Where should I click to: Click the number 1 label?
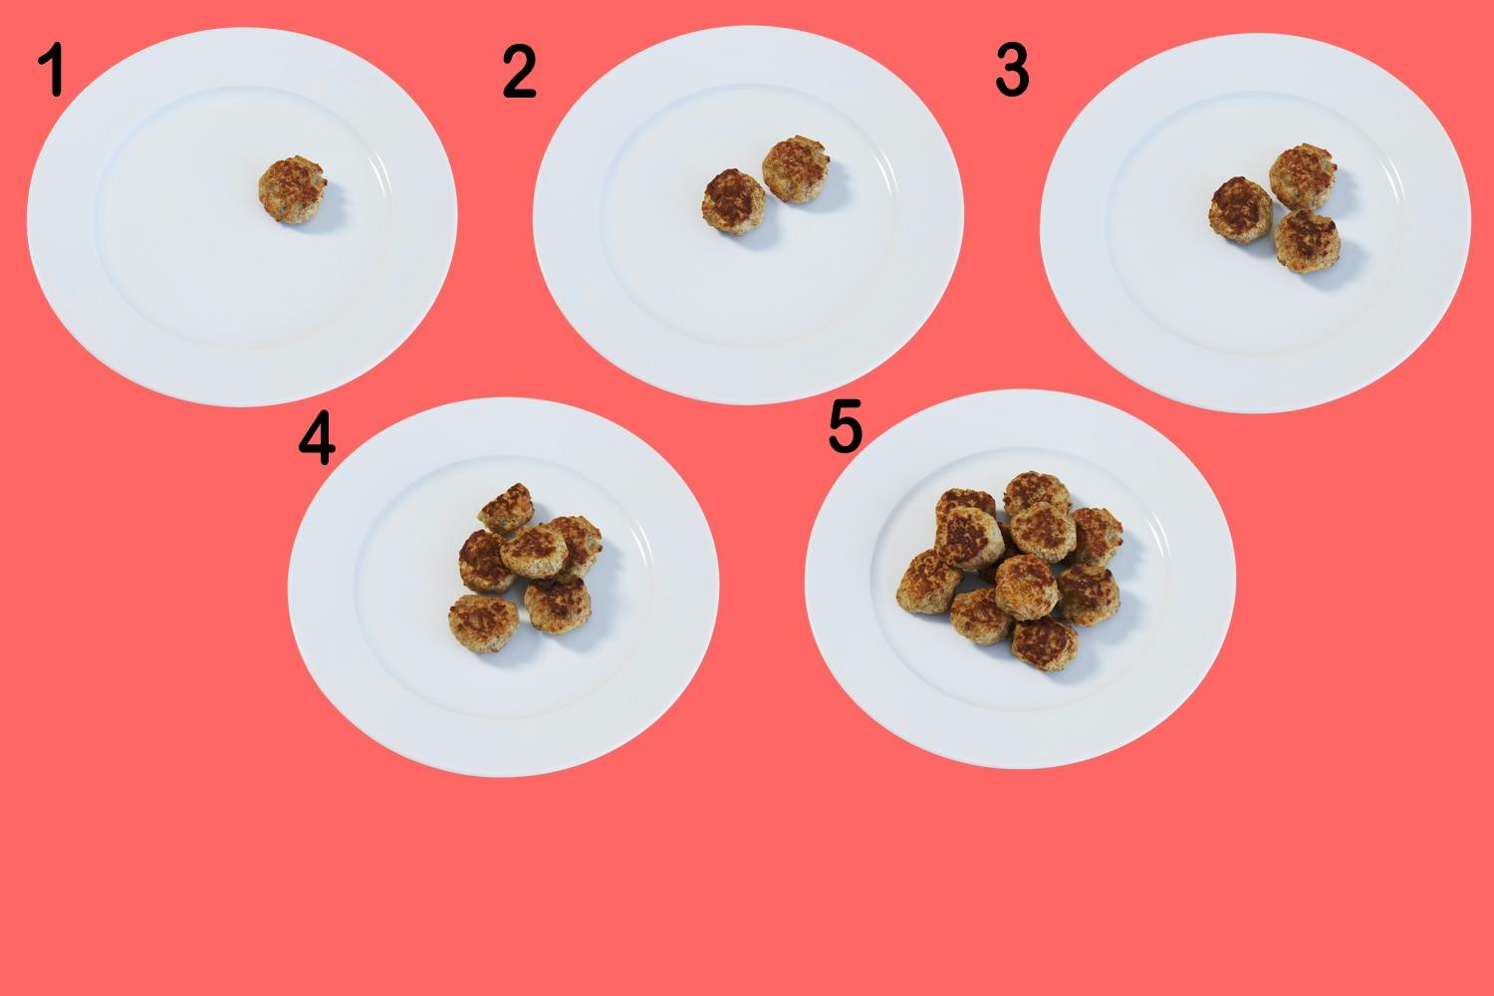[52, 70]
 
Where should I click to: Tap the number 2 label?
[519, 72]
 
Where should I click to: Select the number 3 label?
[1012, 70]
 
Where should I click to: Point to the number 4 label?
[317, 437]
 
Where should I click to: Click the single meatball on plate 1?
[292, 189]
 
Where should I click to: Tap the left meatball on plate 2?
[733, 201]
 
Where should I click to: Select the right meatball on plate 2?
[796, 168]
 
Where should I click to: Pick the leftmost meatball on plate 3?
[1241, 209]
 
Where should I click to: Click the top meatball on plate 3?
[1303, 176]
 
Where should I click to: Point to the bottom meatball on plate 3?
[1307, 241]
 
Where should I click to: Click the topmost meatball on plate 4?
[506, 508]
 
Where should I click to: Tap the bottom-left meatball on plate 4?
[483, 623]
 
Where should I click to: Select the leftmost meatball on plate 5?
[929, 582]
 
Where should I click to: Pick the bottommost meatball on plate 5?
[1044, 643]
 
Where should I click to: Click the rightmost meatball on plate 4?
[578, 546]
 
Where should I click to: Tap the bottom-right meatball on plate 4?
[557, 606]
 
